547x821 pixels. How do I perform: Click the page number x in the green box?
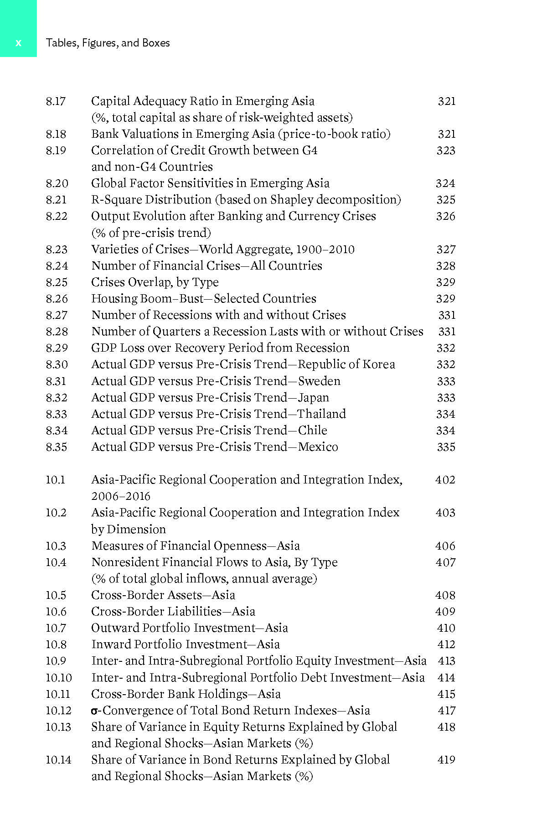coord(18,43)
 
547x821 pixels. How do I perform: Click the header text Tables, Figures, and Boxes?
coord(108,43)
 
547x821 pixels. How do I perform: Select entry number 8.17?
coord(56,101)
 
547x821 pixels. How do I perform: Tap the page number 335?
coord(446,447)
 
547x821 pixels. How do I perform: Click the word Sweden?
coord(319,381)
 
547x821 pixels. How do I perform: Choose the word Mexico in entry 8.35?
coord(318,447)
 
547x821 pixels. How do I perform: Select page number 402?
coord(445,480)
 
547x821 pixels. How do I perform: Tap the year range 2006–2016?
coord(121,496)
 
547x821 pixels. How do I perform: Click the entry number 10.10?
coord(59,678)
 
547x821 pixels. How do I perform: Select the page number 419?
coord(446,760)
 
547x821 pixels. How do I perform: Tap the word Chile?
coord(312,431)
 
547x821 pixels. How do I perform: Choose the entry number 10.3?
coord(56,546)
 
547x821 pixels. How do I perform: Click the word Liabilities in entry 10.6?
coord(189,612)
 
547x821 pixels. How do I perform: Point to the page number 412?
coord(446,644)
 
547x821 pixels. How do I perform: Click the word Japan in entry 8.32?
coord(313,398)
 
